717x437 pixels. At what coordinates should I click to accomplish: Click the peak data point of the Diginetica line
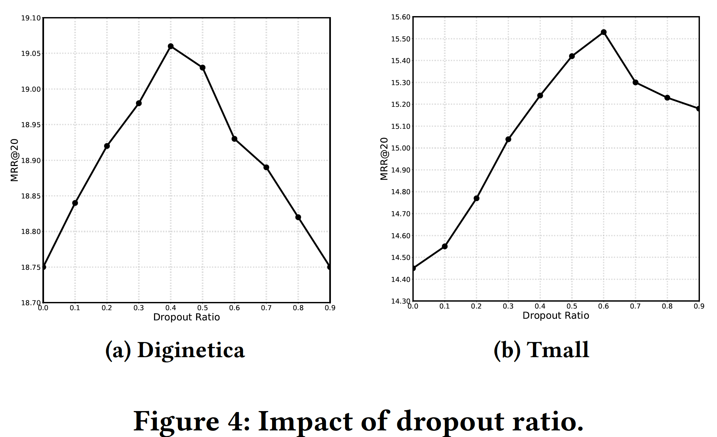tap(171, 46)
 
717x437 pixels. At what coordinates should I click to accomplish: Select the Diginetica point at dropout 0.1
tap(75, 203)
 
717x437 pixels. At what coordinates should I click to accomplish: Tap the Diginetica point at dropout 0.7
tap(266, 168)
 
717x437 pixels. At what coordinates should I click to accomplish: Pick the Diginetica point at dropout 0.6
tap(234, 139)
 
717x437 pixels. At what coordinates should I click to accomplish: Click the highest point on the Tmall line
tap(603, 32)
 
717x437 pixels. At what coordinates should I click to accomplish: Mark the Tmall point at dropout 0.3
tap(508, 139)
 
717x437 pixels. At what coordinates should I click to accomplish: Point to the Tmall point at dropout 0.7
tap(635, 82)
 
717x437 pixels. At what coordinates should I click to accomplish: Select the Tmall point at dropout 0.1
tap(445, 246)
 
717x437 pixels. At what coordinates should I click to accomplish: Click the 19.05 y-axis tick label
tap(31, 54)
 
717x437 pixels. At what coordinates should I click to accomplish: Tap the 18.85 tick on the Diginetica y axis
tap(31, 196)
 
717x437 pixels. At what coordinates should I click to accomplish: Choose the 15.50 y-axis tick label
tap(401, 39)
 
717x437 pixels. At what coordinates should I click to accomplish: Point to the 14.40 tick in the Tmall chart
tap(401, 280)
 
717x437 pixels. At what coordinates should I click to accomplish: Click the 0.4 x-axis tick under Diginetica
tap(171, 308)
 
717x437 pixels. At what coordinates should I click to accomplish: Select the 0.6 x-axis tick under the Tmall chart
tap(603, 306)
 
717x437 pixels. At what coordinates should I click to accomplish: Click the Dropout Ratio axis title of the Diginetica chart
tap(186, 317)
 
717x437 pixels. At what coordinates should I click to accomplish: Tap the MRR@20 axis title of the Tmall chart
tap(384, 159)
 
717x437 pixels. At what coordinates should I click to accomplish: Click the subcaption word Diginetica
tap(191, 350)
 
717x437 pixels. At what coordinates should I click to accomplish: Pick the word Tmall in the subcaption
tap(558, 350)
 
